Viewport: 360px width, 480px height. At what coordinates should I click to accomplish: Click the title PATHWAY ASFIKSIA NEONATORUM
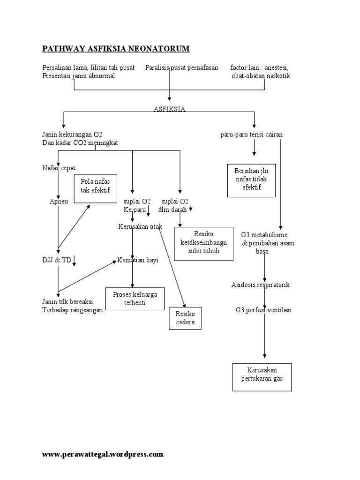pyautogui.click(x=116, y=49)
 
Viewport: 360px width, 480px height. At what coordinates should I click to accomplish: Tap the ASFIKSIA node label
pyautogui.click(x=169, y=109)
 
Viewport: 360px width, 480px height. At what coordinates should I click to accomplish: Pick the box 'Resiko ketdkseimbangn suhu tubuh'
pyautogui.click(x=203, y=243)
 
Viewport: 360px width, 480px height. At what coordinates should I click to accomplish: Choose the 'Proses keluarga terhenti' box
pyautogui.click(x=135, y=299)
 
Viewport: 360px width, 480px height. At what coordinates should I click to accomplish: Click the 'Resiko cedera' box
pyautogui.click(x=185, y=319)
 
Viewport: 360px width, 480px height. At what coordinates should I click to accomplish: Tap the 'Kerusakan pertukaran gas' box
pyautogui.click(x=262, y=376)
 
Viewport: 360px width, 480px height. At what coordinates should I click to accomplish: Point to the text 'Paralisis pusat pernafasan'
pyautogui.click(x=182, y=68)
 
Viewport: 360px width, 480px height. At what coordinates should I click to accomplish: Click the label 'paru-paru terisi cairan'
pyautogui.click(x=252, y=135)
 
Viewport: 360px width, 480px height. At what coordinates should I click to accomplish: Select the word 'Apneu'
pyautogui.click(x=59, y=202)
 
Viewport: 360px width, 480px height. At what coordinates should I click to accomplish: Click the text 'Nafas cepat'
pyautogui.click(x=59, y=168)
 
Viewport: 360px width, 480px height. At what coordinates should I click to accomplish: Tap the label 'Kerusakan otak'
pyautogui.click(x=140, y=227)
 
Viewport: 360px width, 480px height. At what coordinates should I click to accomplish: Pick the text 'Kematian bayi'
pyautogui.click(x=138, y=261)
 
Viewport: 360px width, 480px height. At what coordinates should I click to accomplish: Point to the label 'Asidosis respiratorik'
pyautogui.click(x=260, y=285)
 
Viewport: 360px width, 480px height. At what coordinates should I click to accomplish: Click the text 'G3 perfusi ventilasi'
pyautogui.click(x=263, y=310)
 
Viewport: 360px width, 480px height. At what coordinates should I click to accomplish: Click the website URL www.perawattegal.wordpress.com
pyautogui.click(x=103, y=454)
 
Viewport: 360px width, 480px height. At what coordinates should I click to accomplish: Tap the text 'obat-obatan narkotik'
pyautogui.click(x=261, y=76)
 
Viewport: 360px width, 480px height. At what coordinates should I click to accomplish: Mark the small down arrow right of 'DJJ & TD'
pyautogui.click(x=75, y=261)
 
